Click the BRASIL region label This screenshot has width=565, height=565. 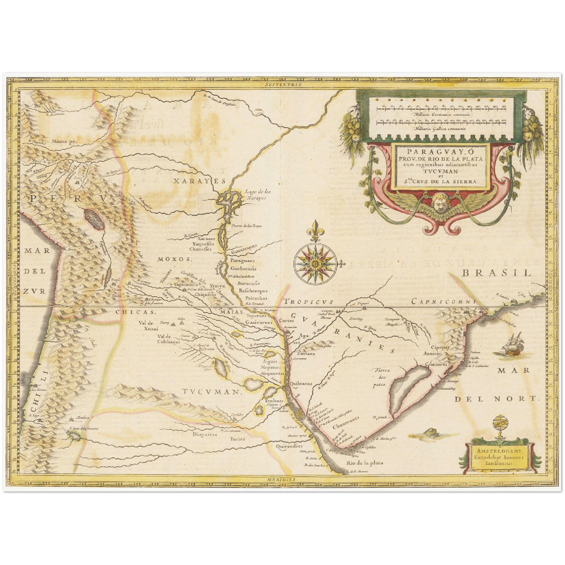pyautogui.click(x=497, y=273)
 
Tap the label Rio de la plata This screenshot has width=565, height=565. pyautogui.click(x=364, y=463)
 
